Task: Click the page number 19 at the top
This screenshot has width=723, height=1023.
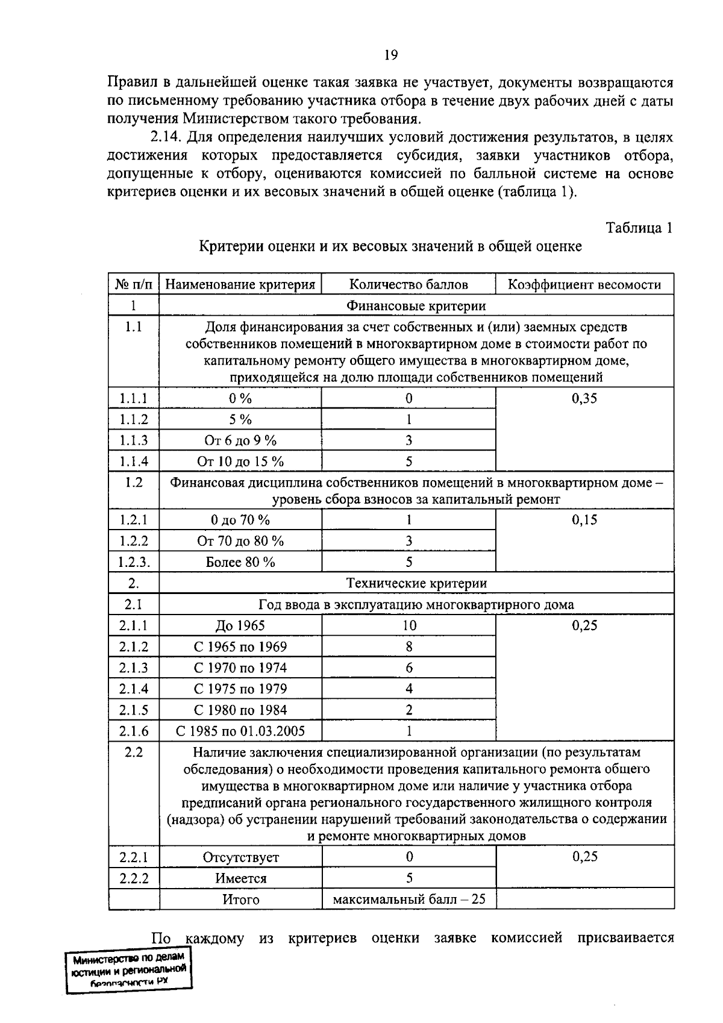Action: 390,55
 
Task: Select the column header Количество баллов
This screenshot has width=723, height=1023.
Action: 408,285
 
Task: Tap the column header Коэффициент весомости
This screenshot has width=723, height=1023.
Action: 584,285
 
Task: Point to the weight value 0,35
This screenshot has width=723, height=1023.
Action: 584,399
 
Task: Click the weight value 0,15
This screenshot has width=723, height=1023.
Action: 584,520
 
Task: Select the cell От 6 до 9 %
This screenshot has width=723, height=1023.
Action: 240,440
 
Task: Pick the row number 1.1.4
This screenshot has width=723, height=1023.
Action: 133,461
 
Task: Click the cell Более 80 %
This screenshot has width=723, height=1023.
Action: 240,562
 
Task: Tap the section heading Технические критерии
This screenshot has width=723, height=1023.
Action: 416,583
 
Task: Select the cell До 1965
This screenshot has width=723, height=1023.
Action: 240,625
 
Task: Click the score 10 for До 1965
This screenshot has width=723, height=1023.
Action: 409,625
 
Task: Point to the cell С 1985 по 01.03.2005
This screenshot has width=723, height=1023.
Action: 240,731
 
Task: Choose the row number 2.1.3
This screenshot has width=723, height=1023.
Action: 133,668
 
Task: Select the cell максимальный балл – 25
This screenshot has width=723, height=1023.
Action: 409,899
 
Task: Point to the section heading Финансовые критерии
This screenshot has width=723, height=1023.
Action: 416,306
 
